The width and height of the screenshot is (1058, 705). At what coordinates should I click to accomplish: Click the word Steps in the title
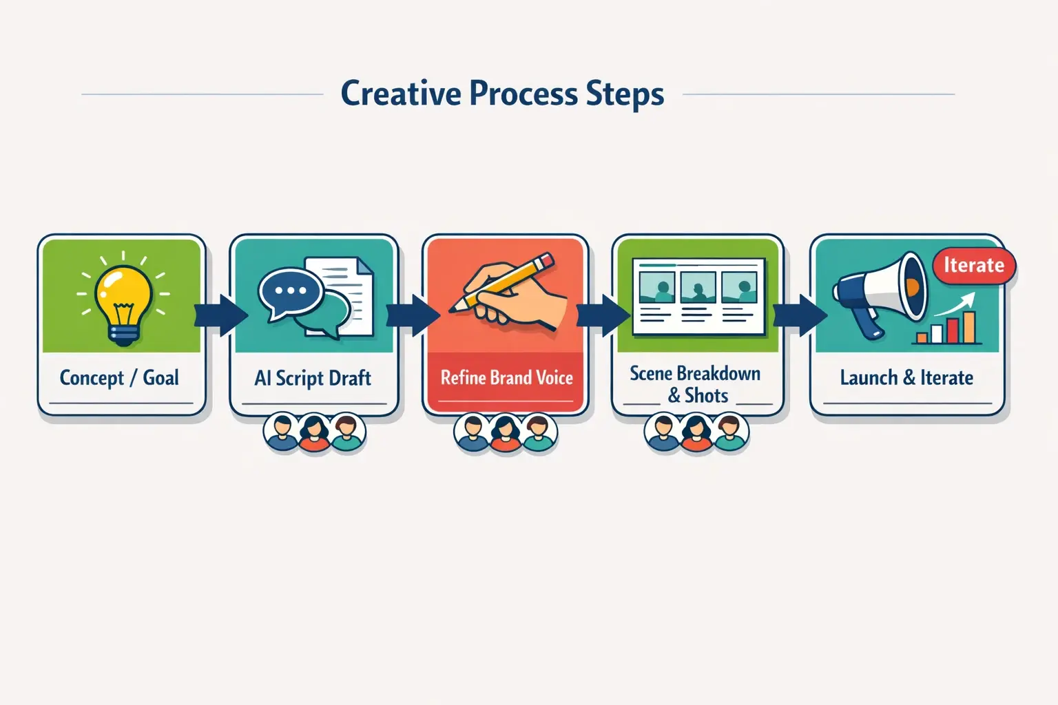[x=625, y=94]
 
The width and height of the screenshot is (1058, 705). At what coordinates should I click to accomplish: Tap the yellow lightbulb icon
[x=123, y=304]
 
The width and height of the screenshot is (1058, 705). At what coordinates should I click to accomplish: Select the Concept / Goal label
[x=119, y=378]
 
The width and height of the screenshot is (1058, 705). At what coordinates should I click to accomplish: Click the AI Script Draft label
[x=313, y=378]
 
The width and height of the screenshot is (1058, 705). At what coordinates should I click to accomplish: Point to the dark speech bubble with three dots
[x=290, y=292]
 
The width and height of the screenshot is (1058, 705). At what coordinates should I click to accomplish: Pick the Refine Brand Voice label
[x=506, y=378]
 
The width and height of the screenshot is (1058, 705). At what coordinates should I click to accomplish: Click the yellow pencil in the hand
[x=502, y=282]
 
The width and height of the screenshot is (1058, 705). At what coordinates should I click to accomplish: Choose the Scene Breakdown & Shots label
[x=696, y=384]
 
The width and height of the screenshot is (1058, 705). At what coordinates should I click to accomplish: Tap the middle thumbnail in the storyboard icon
[x=698, y=287]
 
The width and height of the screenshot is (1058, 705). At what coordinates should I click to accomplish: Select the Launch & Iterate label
[x=906, y=378]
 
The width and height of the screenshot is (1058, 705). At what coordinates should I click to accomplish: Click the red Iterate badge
[x=973, y=266]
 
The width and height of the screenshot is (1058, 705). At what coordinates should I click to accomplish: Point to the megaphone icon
[x=879, y=292]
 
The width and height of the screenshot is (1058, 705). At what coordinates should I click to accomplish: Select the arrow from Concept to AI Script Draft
[x=221, y=315]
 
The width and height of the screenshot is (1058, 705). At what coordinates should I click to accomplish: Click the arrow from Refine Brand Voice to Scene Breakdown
[x=603, y=315]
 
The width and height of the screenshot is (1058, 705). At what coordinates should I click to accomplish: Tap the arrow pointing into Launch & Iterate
[x=800, y=315]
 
